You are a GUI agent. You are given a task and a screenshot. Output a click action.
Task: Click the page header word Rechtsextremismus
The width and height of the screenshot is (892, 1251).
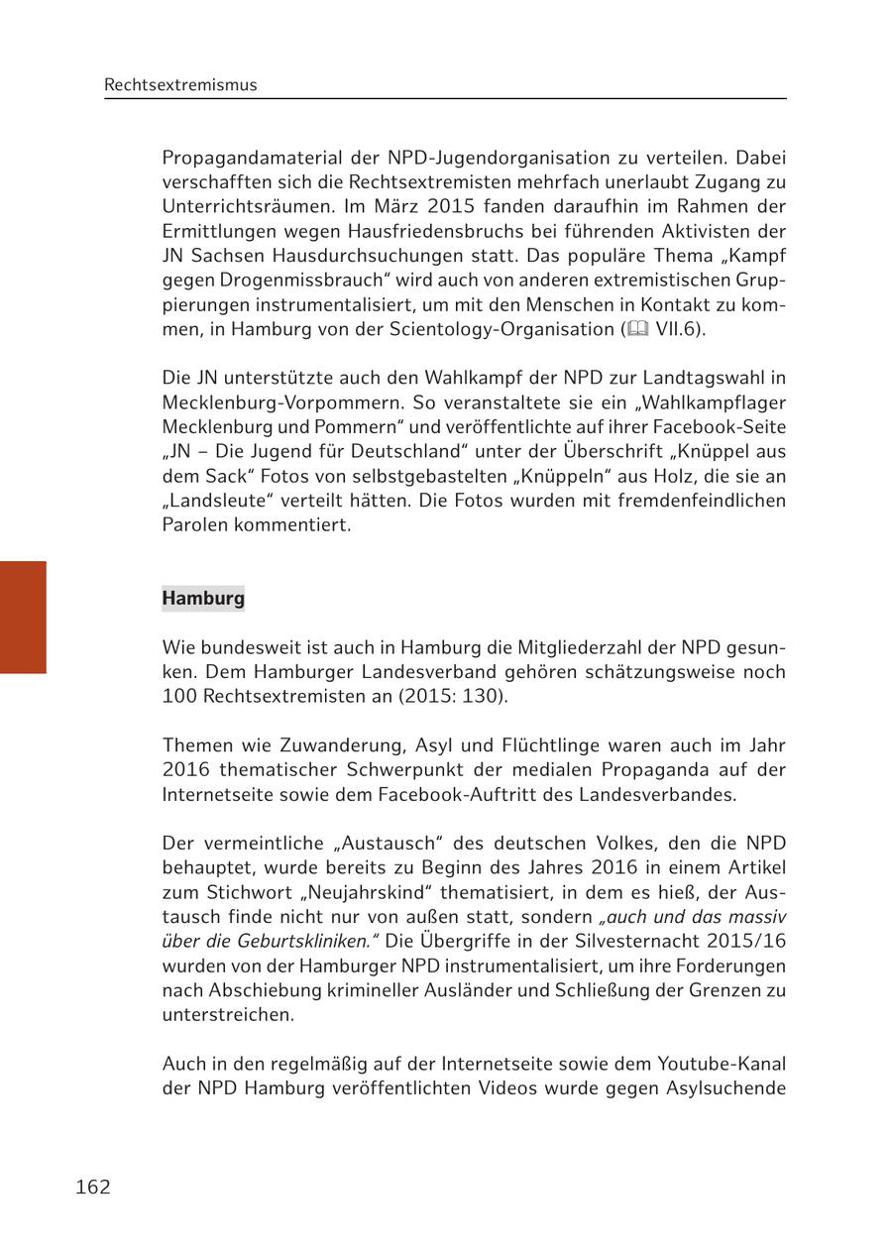pos(180,85)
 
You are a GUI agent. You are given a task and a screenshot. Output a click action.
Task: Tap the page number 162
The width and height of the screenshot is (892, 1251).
pos(93,1187)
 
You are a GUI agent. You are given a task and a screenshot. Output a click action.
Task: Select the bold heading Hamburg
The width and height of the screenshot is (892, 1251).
pos(203,599)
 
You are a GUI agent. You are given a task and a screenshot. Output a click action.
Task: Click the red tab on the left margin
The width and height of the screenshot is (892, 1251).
pos(23,617)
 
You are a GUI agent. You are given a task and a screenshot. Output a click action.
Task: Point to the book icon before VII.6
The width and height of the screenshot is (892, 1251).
pos(635,330)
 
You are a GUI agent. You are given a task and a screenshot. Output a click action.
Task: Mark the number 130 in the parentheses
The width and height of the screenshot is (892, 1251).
pos(484,696)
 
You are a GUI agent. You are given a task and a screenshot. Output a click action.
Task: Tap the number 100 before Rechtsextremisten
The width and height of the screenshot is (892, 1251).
pos(180,696)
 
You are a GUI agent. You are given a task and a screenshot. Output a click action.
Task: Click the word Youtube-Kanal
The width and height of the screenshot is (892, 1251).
pos(722,1064)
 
